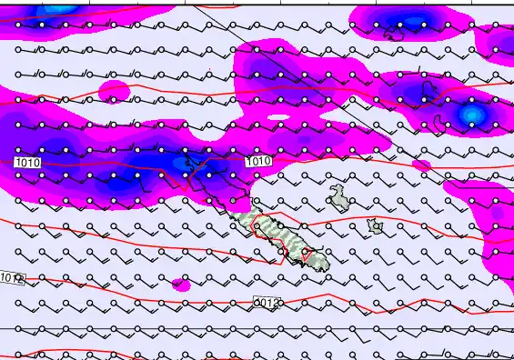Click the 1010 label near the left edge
[27, 161]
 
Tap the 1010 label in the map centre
[258, 161]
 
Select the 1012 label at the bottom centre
[265, 301]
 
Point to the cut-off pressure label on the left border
[11, 276]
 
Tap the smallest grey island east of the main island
[375, 225]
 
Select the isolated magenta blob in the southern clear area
[181, 285]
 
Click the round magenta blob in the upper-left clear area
[114, 90]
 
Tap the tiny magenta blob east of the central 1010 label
[420, 165]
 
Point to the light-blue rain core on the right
[470, 114]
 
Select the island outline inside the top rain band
[395, 35]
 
